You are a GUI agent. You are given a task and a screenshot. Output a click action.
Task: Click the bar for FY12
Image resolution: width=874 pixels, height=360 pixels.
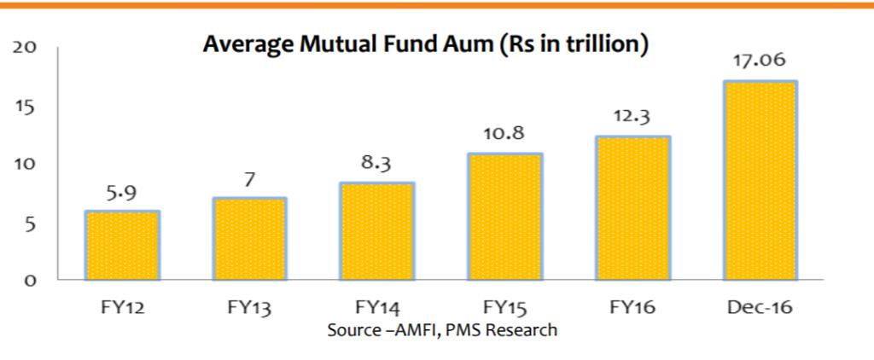[122, 245]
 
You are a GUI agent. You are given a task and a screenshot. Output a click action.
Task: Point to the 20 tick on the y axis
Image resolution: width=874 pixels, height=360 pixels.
[25, 48]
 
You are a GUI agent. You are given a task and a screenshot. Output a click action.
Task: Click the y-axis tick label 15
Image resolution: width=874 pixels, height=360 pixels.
[25, 107]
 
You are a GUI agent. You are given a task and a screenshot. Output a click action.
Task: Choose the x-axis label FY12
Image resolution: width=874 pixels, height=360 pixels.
[122, 307]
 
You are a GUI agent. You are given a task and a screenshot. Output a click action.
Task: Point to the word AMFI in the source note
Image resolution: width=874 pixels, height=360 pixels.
[415, 329]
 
